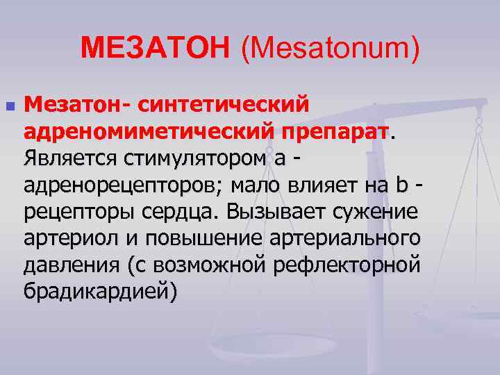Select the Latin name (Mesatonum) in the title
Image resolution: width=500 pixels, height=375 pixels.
pyautogui.click(x=330, y=48)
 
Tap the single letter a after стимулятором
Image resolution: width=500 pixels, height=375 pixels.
pyautogui.click(x=280, y=158)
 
